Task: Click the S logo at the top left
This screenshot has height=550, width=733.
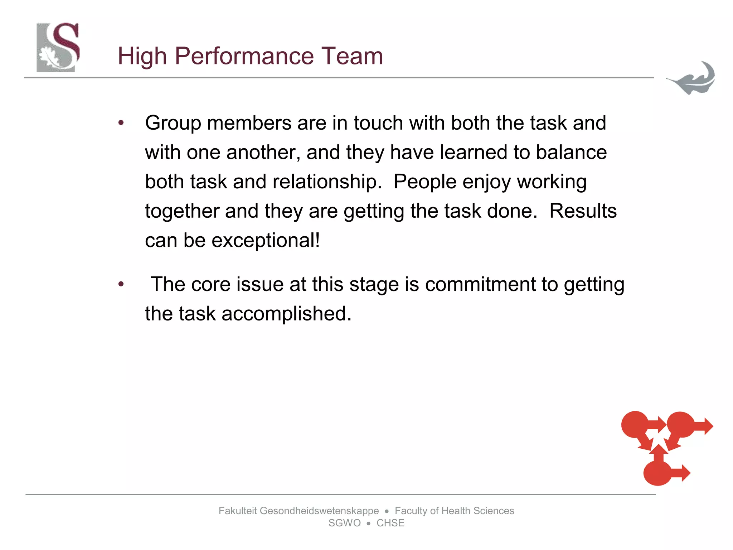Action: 58,48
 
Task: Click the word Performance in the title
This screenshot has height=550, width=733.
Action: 244,57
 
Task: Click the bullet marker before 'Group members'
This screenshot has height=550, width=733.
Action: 121,123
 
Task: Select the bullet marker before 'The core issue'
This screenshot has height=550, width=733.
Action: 121,284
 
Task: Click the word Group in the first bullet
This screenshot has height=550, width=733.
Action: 173,124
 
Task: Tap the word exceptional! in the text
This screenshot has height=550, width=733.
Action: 266,240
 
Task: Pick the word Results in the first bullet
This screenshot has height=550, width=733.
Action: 583,211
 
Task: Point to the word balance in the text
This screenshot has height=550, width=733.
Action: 571,152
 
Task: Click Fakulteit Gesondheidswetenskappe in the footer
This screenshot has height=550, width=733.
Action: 298,511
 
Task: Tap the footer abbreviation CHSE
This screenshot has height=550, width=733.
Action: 390,523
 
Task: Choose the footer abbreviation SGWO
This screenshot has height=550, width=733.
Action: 344,523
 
